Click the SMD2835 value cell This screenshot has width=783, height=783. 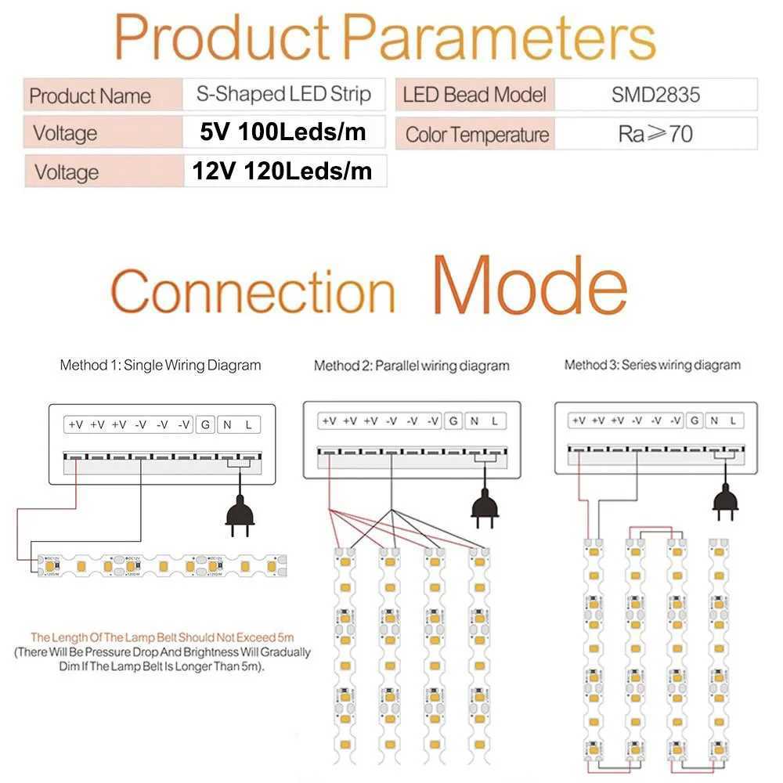coord(655,96)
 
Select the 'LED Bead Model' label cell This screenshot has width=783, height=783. coord(474,96)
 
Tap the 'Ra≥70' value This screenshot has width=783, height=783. coord(655,134)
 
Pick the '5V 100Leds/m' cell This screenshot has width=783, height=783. coord(283,132)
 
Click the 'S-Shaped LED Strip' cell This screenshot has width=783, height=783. coord(283,95)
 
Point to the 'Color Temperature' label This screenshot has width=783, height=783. coord(477,135)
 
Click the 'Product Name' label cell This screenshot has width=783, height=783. coord(90,96)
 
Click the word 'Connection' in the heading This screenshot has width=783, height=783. coord(253,291)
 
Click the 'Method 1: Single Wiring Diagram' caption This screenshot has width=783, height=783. coord(161,365)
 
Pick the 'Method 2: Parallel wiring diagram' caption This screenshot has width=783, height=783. coord(411,366)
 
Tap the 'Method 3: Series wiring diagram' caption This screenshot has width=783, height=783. coord(651,365)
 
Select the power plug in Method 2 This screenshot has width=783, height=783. coord(485,511)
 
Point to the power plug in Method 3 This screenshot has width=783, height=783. coord(725,501)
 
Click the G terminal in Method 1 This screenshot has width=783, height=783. coord(205,424)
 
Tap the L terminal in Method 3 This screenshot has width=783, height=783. coord(733,420)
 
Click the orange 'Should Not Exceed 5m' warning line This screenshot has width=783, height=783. coord(162,637)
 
